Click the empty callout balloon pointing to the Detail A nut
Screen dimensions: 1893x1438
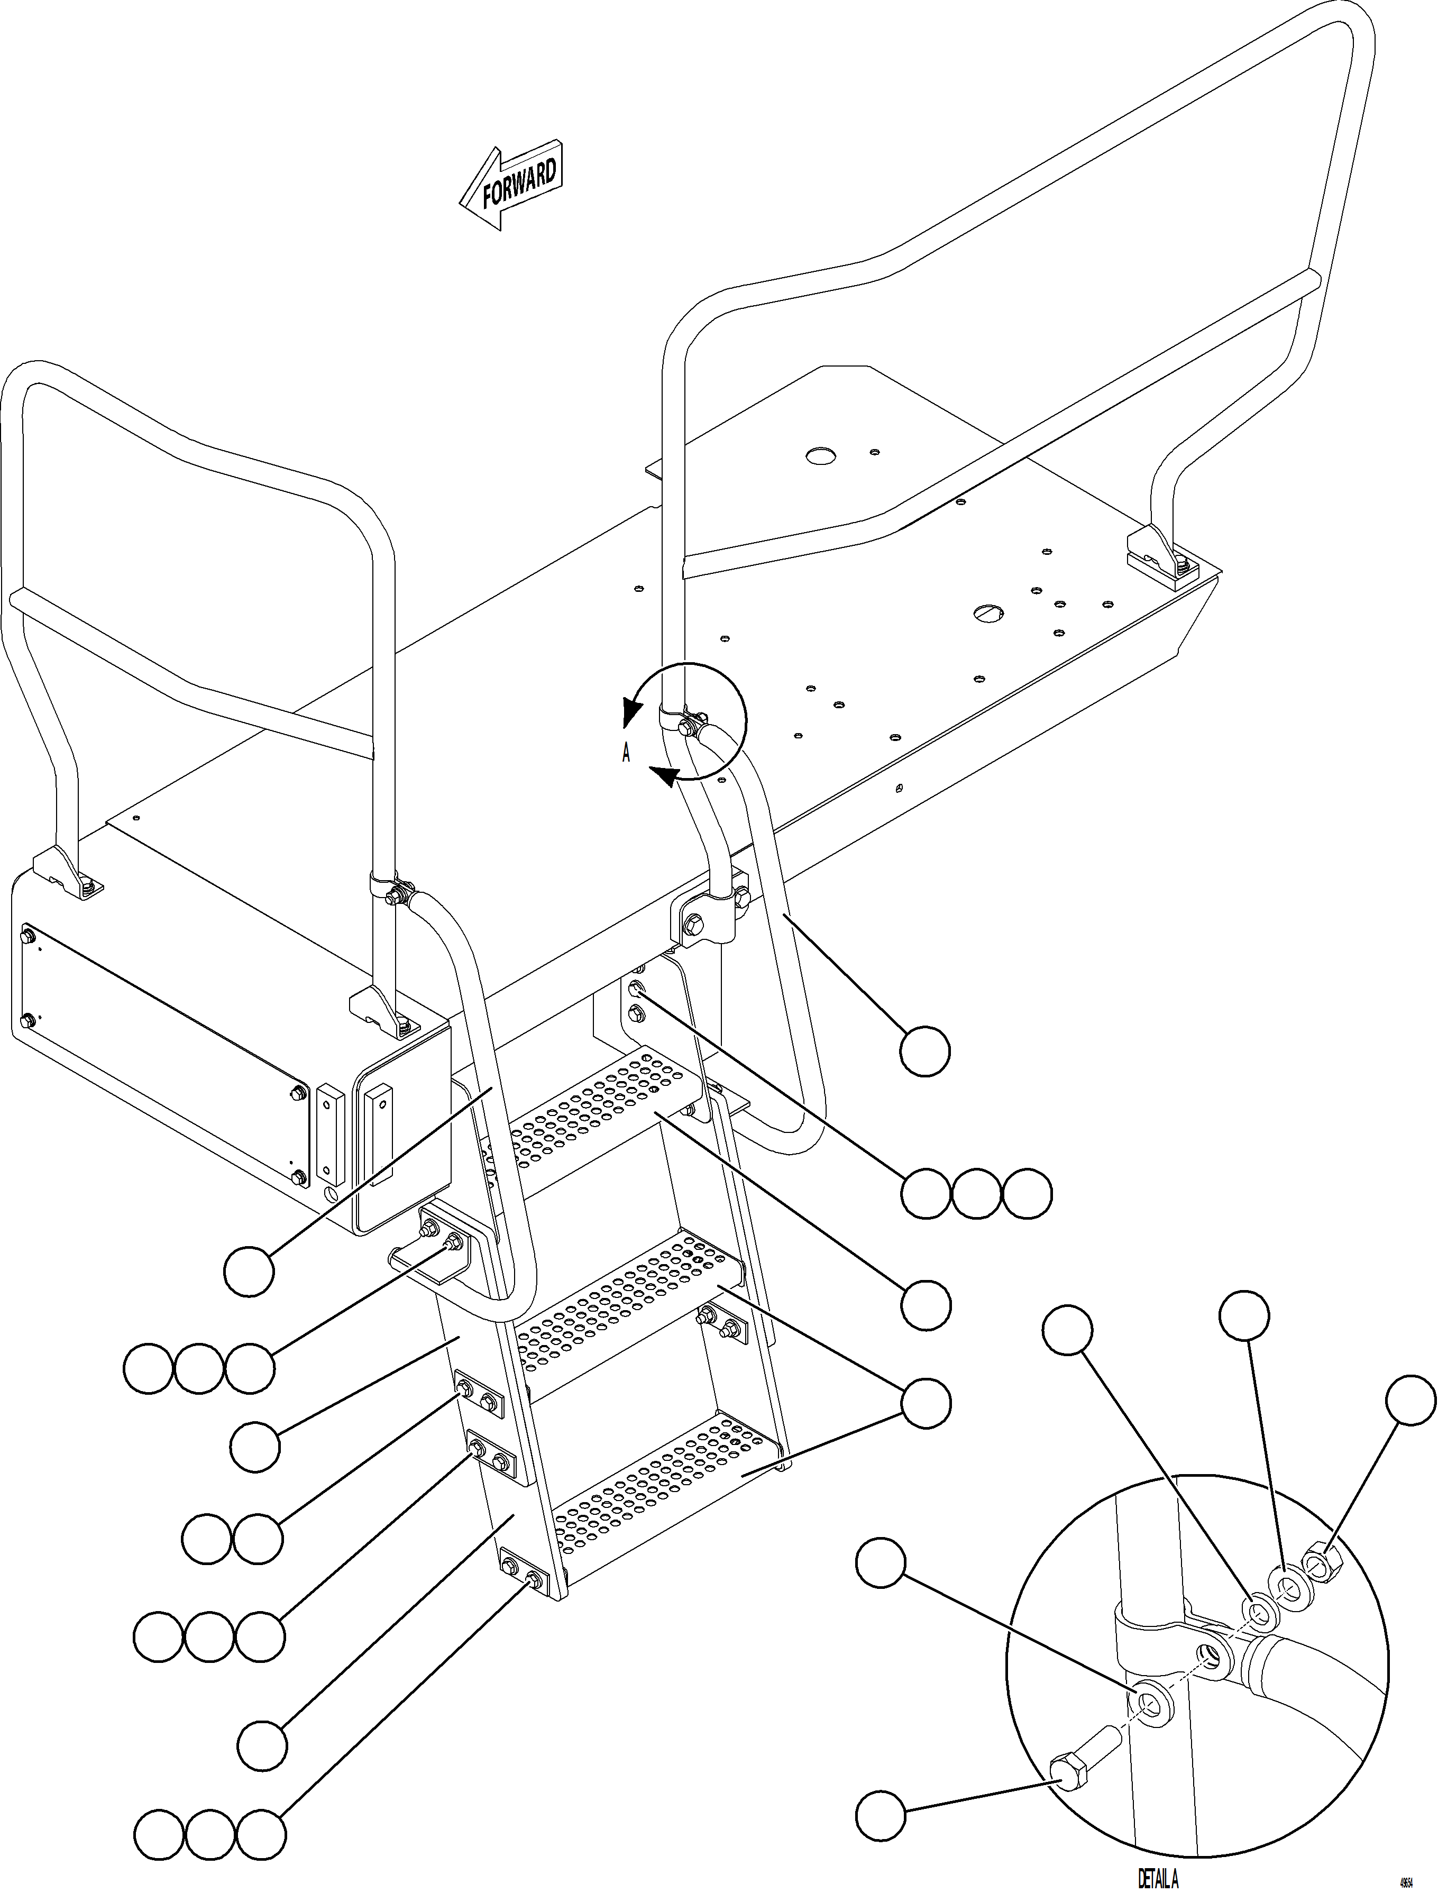[x=1410, y=1401]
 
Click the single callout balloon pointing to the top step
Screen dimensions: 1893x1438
[x=926, y=1305]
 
